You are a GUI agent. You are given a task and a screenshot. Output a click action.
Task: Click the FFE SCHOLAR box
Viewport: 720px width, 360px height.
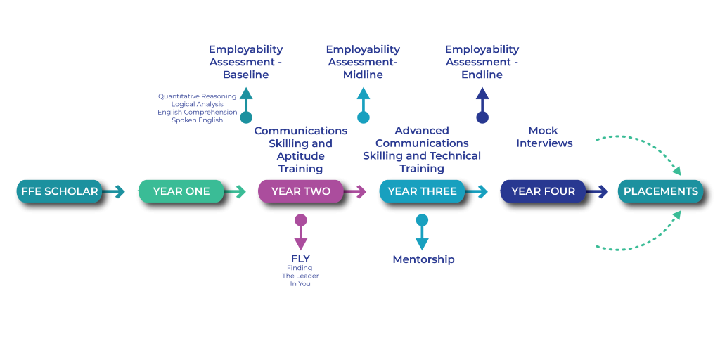(60, 191)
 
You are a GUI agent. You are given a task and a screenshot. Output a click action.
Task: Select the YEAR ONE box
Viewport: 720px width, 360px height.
(181, 191)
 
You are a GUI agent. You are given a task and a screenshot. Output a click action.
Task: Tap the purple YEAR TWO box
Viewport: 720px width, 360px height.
(301, 191)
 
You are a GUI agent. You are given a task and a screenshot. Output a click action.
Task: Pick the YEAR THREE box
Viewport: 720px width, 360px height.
(422, 191)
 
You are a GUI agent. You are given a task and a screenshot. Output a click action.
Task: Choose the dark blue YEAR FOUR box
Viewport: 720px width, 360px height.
(543, 191)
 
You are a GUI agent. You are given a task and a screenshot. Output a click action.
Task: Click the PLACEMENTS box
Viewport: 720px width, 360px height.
(660, 191)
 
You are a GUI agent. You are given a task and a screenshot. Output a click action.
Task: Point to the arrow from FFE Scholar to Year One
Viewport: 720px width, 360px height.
(114, 191)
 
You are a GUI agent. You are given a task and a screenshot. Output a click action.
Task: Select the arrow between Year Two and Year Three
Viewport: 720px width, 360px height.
(356, 191)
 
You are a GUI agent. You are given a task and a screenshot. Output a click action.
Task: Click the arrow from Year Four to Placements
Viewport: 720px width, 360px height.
(598, 191)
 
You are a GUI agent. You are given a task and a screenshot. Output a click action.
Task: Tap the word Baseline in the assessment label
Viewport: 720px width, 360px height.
(246, 75)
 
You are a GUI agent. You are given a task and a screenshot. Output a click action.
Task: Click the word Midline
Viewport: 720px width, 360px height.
(363, 75)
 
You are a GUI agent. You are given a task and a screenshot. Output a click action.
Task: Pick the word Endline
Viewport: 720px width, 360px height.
(482, 75)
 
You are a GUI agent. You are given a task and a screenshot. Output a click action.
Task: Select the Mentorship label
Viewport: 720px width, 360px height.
(423, 259)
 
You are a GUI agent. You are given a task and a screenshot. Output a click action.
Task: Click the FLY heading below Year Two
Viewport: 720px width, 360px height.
(301, 259)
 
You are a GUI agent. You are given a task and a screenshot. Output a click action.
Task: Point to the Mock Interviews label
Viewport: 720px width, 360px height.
(544, 136)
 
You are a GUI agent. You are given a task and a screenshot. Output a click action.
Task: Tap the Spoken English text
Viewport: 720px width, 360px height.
(197, 120)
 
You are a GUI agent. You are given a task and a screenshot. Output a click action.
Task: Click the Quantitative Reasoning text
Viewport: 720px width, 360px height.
(197, 96)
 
